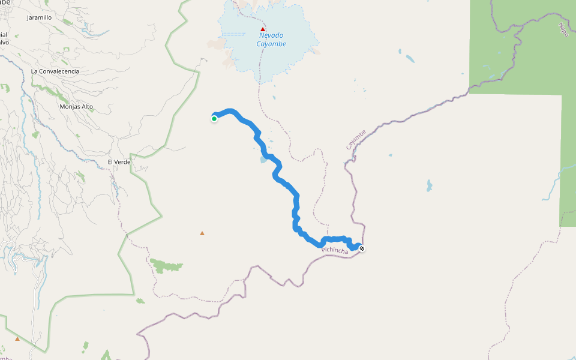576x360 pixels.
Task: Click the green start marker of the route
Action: point(214,119)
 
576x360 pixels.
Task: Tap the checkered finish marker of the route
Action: point(361,248)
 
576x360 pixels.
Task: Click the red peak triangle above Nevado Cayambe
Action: point(263,29)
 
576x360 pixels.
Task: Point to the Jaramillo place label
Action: point(40,18)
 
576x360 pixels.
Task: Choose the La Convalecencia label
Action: point(55,71)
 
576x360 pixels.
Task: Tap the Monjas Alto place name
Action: point(76,107)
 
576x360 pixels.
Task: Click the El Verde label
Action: point(119,162)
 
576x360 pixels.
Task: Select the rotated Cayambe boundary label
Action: point(356,140)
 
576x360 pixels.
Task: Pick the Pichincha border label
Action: point(335,251)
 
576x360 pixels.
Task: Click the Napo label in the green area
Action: point(563,29)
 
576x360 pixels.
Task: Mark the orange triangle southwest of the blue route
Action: point(202,233)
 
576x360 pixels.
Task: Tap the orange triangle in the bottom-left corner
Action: point(17,338)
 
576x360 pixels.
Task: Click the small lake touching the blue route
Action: point(263,160)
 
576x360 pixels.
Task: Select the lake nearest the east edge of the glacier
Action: point(410,59)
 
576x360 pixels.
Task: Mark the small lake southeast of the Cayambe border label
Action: point(429,185)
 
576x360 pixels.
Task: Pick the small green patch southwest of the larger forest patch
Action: point(140,301)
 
